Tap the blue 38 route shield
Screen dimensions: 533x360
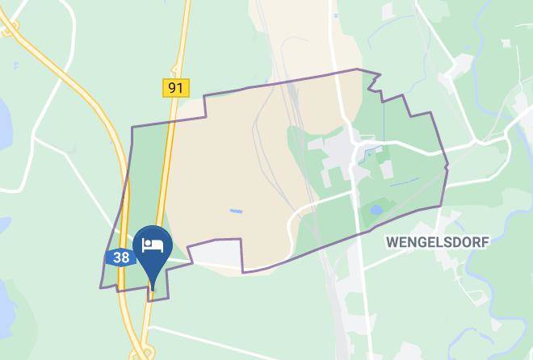(x=120, y=258)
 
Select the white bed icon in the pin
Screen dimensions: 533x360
(x=153, y=245)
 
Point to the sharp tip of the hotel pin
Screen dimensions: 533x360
(x=153, y=288)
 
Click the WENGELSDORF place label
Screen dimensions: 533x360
(x=438, y=241)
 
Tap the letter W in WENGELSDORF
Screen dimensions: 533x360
(x=392, y=241)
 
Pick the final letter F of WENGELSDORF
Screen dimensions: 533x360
(x=485, y=241)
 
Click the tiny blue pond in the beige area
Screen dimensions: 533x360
(x=236, y=211)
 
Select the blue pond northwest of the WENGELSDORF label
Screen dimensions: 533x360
(x=376, y=210)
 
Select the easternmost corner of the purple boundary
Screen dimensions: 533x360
(x=447, y=167)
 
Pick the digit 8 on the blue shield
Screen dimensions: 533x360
(x=124, y=258)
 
